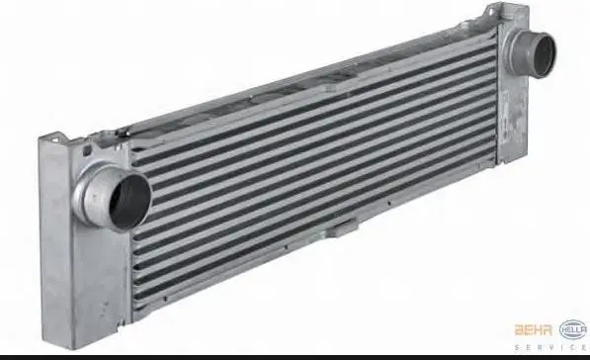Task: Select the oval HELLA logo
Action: point(573,328)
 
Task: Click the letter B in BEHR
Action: point(520,328)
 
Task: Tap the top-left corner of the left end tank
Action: point(41,138)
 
